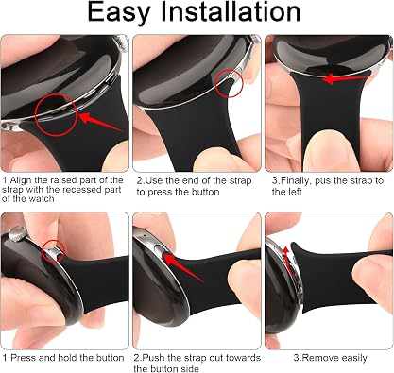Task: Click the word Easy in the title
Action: click(x=118, y=12)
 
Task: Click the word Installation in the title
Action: click(x=231, y=11)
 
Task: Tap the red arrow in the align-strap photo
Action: click(x=99, y=122)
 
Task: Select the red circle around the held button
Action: click(x=54, y=251)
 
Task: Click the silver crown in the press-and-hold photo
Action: click(x=17, y=234)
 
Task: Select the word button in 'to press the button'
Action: click(x=203, y=192)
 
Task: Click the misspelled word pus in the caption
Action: click(x=323, y=182)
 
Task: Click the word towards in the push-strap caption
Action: click(x=242, y=358)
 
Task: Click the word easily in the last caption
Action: click(x=353, y=359)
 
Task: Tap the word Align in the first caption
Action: click(x=21, y=180)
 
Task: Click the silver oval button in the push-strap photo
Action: click(x=161, y=251)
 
